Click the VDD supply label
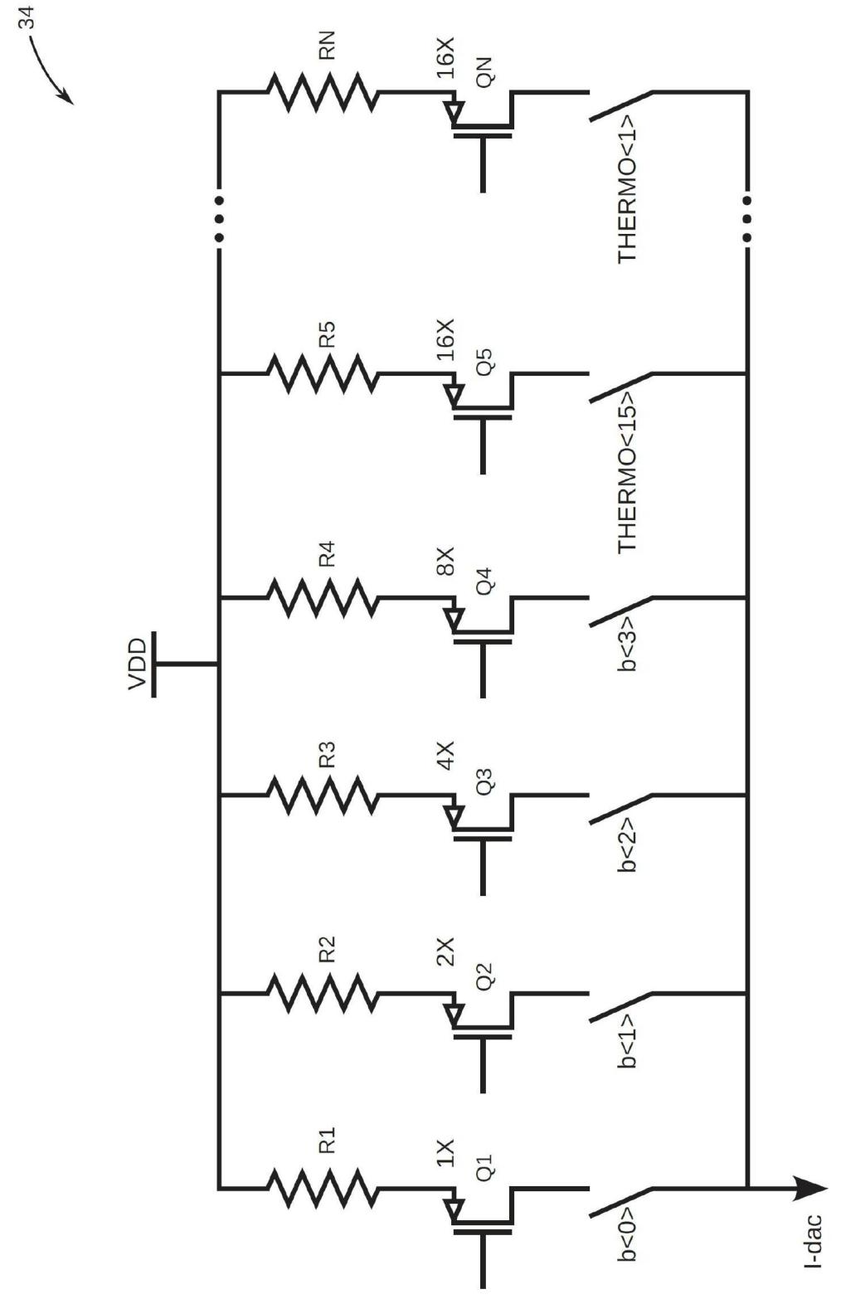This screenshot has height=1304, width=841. [x=138, y=664]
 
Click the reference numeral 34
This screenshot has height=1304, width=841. [x=27, y=19]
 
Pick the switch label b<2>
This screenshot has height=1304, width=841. [x=626, y=845]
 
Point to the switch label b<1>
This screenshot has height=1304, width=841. [x=626, y=1041]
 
